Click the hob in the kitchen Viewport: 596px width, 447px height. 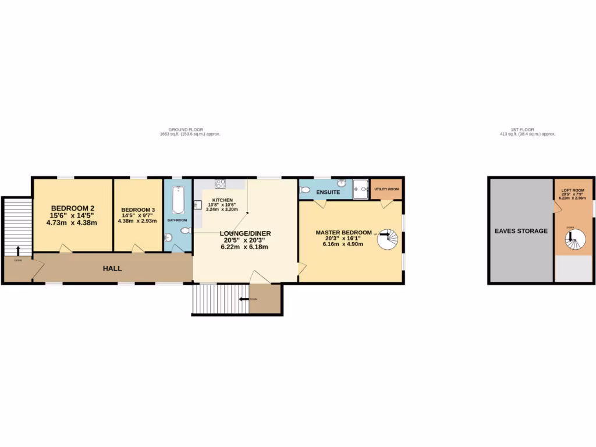pyautogui.click(x=221, y=184)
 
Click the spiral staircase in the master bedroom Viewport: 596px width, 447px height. pyautogui.click(x=388, y=238)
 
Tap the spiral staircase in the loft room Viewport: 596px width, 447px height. pyautogui.click(x=575, y=239)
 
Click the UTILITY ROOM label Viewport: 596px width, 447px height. pyautogui.click(x=386, y=189)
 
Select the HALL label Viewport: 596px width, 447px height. pyautogui.click(x=112, y=268)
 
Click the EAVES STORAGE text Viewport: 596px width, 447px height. pyautogui.click(x=521, y=231)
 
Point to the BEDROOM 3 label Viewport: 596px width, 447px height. pyautogui.click(x=137, y=210)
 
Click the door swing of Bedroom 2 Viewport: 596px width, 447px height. pyautogui.click(x=65, y=249)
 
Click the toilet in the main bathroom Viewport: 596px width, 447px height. pyautogui.click(x=185, y=231)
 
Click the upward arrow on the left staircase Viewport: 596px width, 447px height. pyautogui.click(x=17, y=251)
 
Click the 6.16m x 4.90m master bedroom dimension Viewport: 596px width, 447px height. pyautogui.click(x=343, y=244)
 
